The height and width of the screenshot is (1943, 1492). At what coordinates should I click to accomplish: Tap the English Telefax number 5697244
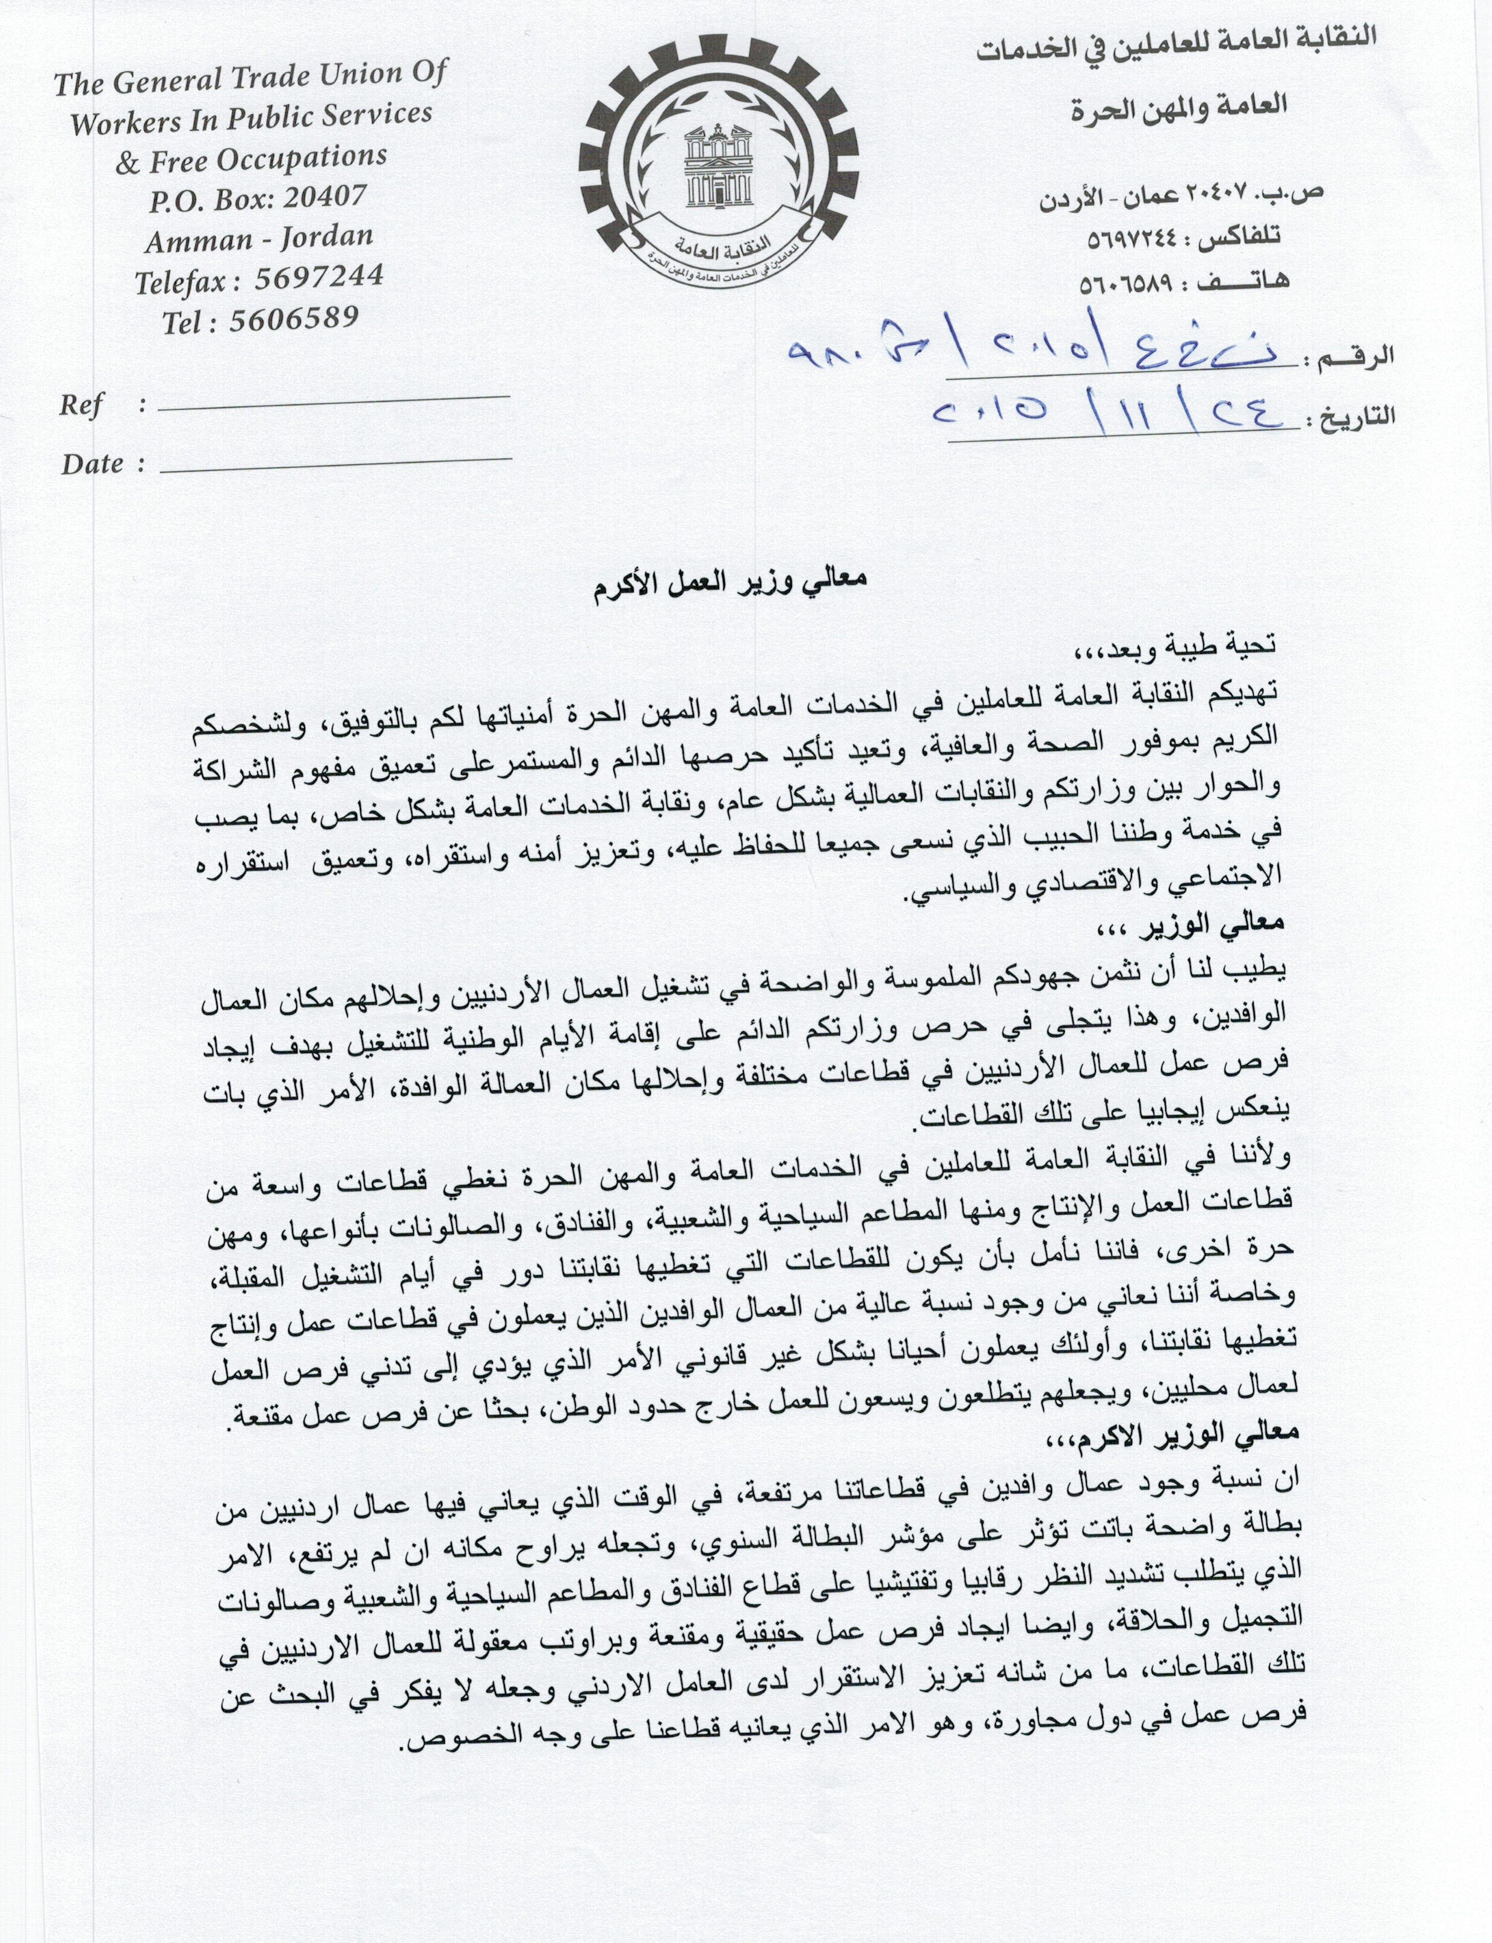319,278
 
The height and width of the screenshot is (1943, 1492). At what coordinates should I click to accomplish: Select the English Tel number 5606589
294,319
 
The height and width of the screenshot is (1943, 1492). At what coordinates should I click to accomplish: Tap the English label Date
92,463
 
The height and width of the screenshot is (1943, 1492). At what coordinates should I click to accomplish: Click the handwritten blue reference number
1030,351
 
